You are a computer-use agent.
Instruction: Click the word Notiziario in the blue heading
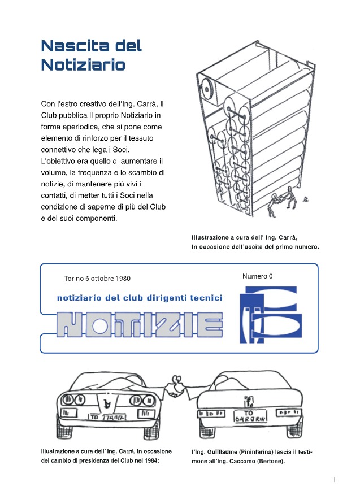tap(83, 64)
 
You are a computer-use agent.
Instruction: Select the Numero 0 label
tap(257, 276)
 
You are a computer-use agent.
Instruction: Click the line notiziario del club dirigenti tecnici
tap(140, 298)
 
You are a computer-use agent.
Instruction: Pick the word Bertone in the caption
tap(270, 461)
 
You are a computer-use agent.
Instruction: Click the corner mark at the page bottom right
tap(333, 479)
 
